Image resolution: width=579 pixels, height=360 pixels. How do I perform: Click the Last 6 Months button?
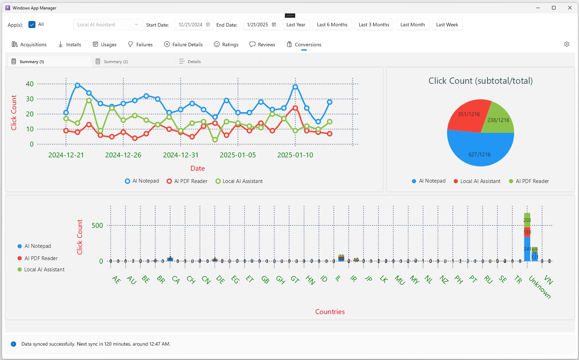click(x=332, y=25)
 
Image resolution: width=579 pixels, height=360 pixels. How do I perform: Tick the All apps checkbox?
click(x=32, y=25)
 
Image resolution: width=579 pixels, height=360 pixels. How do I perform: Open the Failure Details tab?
click(x=183, y=45)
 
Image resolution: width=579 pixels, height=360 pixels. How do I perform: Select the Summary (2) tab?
click(x=115, y=62)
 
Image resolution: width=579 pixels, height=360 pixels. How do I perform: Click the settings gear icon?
click(x=566, y=44)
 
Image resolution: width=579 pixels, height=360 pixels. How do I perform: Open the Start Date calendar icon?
click(x=208, y=25)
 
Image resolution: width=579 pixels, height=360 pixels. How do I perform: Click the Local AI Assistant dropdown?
click(x=108, y=25)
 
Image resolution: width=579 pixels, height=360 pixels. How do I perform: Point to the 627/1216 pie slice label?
click(x=479, y=155)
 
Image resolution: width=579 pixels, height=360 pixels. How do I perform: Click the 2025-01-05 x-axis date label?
click(x=238, y=155)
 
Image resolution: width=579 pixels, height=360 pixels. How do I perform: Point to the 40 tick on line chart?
click(x=30, y=84)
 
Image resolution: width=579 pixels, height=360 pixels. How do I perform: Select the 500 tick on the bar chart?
click(x=97, y=225)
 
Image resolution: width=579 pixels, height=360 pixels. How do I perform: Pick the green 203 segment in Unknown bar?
click(x=527, y=220)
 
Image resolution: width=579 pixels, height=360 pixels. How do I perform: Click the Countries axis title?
click(x=330, y=312)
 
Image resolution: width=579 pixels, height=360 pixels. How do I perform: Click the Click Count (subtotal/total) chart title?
click(x=480, y=81)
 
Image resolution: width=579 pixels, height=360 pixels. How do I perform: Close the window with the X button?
click(x=570, y=8)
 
